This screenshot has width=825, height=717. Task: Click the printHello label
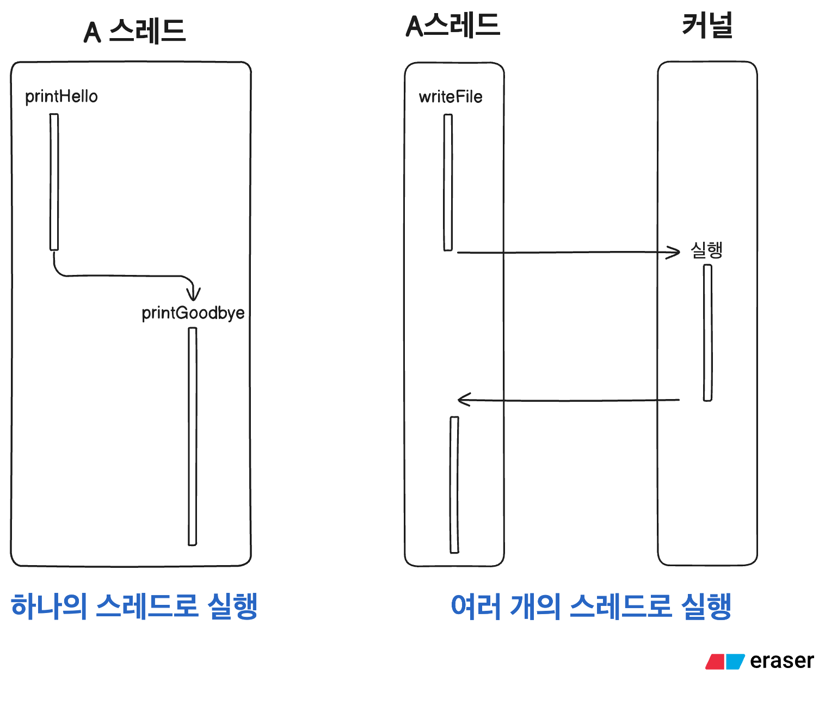[x=61, y=96]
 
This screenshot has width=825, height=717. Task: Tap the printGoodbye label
[x=193, y=313]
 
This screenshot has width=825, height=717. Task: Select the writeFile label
[x=451, y=97]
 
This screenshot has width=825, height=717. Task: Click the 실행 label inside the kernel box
[x=706, y=250]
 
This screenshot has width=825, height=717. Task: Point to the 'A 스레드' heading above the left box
[x=134, y=31]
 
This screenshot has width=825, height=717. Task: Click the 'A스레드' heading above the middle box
[x=453, y=26]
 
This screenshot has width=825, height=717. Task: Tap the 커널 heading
[x=707, y=26]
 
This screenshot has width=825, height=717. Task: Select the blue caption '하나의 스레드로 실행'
[x=134, y=606]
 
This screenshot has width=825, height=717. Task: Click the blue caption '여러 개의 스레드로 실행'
[x=591, y=606]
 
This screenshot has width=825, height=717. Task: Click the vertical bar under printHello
[x=54, y=182]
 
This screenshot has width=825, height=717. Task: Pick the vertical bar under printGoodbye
[x=192, y=436]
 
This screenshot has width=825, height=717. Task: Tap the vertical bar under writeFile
[x=448, y=182]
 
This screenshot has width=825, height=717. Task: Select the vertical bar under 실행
[x=707, y=333]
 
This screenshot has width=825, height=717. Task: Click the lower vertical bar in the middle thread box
[x=454, y=485]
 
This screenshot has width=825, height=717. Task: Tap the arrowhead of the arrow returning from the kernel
[x=463, y=400]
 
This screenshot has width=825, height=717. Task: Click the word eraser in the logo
[x=781, y=661]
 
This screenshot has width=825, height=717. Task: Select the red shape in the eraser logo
[x=715, y=661]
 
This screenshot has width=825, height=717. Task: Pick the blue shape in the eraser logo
[x=735, y=661]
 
